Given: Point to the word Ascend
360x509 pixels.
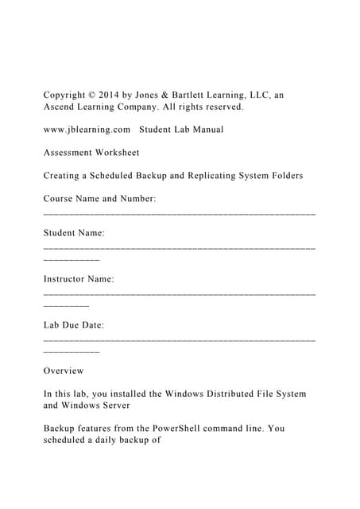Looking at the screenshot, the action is click(x=60, y=107).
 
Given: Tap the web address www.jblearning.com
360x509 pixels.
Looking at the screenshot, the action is click(x=87, y=129).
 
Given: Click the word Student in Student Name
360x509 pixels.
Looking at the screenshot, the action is click(x=62, y=233).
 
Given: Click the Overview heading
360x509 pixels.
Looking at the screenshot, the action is click(x=64, y=371).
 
